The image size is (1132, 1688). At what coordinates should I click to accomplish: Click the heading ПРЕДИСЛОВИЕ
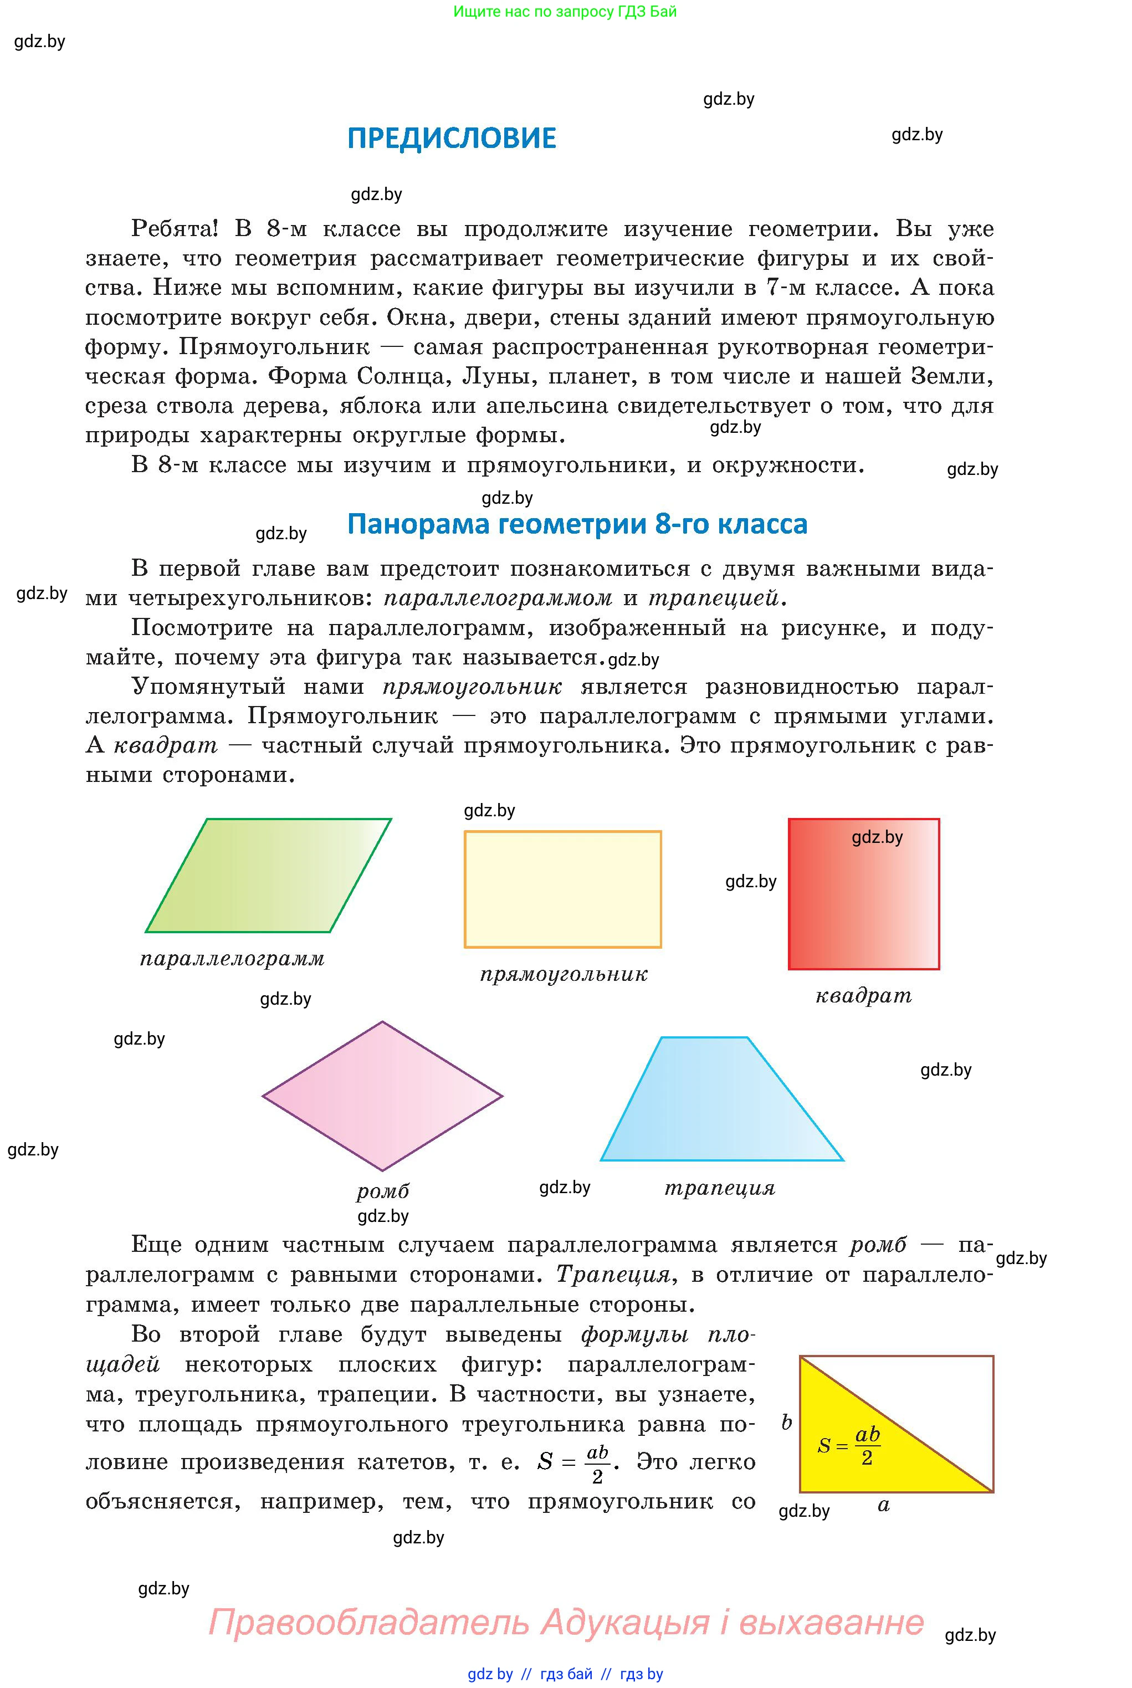452,138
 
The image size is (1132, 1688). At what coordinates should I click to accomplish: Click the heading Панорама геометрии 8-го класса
577,524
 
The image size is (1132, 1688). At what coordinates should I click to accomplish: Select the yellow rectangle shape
562,889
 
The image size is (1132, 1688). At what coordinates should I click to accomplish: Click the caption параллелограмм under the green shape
233,959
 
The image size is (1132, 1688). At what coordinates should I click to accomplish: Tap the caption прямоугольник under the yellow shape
564,975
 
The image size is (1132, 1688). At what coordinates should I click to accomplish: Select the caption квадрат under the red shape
863,996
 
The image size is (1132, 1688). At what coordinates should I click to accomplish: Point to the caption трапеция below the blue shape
720,1188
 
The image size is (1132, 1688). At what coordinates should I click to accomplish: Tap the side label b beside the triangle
787,1423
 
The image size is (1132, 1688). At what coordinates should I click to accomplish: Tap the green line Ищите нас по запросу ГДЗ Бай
565,12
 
